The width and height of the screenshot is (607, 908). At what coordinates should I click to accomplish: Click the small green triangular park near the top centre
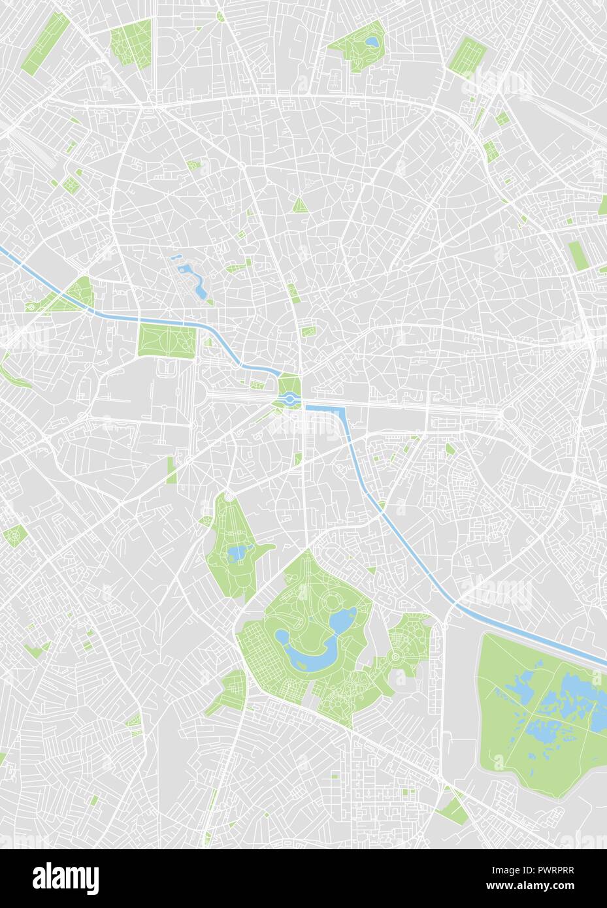coord(300,205)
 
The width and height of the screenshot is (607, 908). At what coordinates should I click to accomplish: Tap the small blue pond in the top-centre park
coord(371,42)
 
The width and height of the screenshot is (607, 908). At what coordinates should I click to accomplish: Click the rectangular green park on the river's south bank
coord(167,340)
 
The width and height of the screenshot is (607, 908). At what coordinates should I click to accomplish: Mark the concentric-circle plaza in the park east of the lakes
coord(395,655)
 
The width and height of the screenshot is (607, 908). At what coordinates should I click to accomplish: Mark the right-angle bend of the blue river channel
coord(341,410)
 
